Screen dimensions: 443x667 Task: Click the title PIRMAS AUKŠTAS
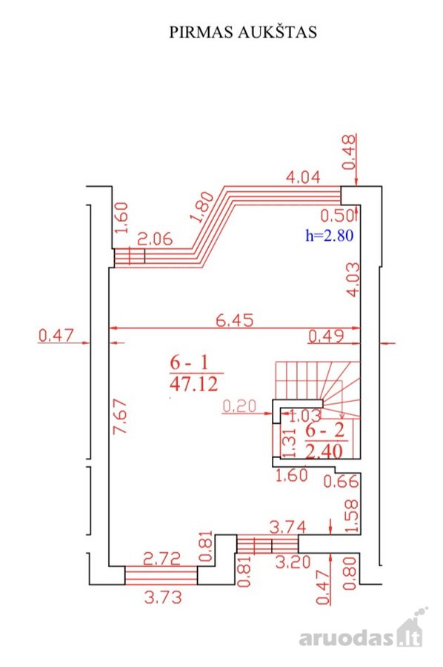[243, 32]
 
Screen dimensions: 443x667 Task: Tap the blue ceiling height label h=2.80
[330, 235]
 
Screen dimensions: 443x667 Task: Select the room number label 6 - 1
[190, 363]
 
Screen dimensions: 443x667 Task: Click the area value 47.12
[194, 384]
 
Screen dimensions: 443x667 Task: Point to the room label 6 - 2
[325, 431]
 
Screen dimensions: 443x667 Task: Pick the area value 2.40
[324, 451]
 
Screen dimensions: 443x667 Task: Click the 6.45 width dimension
[234, 320]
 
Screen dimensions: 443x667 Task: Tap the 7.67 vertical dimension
[119, 416]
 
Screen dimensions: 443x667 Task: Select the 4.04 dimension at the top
[303, 176]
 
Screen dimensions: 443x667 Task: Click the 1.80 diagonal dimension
[202, 208]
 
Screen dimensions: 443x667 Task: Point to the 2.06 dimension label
[155, 239]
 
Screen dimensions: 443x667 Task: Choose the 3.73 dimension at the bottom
[163, 597]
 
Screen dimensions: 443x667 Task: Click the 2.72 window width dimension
[162, 559]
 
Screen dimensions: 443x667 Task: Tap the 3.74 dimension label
[288, 528]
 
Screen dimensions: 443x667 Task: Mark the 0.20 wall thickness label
[239, 406]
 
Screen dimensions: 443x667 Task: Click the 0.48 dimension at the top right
[349, 152]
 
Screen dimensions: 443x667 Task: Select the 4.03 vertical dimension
[353, 279]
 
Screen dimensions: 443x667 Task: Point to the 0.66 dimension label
[341, 482]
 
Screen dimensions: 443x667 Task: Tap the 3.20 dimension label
[293, 563]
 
